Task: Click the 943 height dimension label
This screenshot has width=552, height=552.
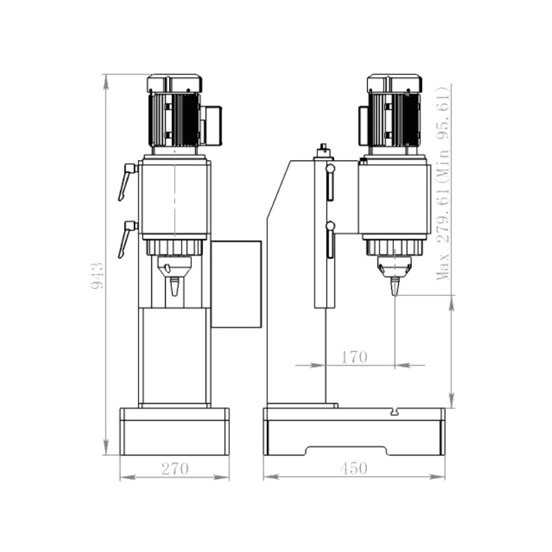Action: click(97, 275)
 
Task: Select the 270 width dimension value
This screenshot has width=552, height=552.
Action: click(175, 469)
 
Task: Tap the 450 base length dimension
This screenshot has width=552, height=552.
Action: click(354, 469)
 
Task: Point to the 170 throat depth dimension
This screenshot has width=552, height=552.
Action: click(354, 357)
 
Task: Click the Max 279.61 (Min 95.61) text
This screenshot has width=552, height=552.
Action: click(443, 183)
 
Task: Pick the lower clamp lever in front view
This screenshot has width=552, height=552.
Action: click(127, 239)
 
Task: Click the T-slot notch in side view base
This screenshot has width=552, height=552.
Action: click(395, 411)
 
